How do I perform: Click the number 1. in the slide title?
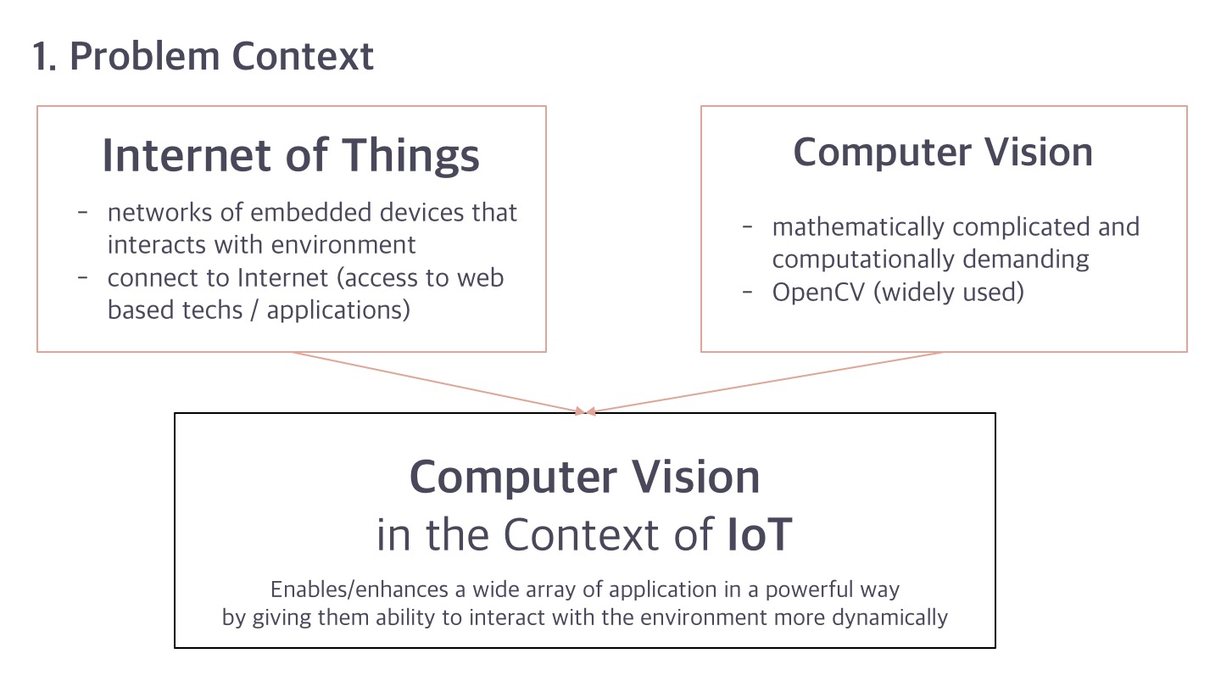tap(45, 57)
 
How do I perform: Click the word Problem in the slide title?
tap(144, 57)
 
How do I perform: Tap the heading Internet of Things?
tap(291, 156)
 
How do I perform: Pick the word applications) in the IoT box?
tap(338, 311)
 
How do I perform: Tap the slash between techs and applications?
tap(254, 310)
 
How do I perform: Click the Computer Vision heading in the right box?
tap(943, 153)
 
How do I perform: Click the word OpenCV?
tap(818, 293)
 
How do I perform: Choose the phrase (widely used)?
tap(949, 293)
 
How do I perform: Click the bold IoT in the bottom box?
tap(760, 534)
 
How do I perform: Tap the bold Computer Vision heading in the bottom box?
tap(584, 477)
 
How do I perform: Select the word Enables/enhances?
tap(360, 590)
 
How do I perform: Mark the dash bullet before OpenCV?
tap(747, 292)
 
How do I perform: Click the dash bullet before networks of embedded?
tap(83, 212)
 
